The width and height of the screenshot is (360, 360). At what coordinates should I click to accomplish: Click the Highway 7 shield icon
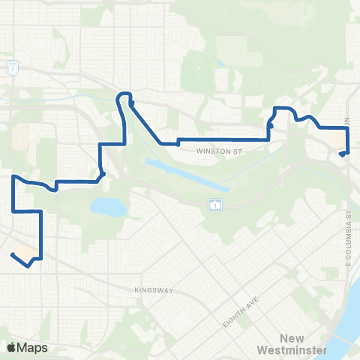pos(13,68)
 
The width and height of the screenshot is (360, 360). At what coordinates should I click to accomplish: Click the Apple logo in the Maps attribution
pos(12,347)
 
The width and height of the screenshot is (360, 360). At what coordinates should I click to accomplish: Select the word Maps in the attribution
pos(32,347)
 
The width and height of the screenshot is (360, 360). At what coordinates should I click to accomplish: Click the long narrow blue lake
pos(184,172)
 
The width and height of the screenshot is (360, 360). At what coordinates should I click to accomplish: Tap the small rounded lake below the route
pos(107,207)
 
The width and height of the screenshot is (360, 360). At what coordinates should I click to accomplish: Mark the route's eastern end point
pos(341,154)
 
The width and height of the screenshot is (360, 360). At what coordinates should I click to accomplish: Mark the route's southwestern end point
pos(13,255)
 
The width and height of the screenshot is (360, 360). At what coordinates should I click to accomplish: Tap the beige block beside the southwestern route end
pos(25,249)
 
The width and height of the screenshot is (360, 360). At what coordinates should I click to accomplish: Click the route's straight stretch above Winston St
pos(225,140)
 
